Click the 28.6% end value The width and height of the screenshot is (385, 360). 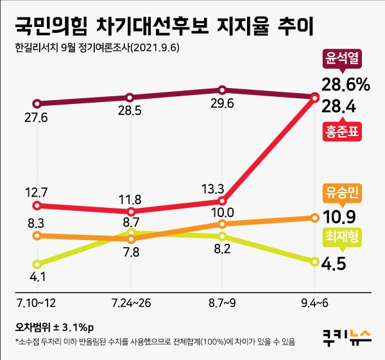coord(346,84)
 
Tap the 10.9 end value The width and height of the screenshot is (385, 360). coord(340,216)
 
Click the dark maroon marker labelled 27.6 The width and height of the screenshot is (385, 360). coord(37,103)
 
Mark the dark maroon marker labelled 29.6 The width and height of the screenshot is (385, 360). coord(222,90)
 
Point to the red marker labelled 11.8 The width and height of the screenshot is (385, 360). coord(130,211)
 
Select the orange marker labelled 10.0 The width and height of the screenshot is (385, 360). coord(222,224)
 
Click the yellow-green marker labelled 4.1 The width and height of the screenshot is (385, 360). coord(37,264)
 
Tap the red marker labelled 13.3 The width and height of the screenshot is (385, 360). coord(222,201)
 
